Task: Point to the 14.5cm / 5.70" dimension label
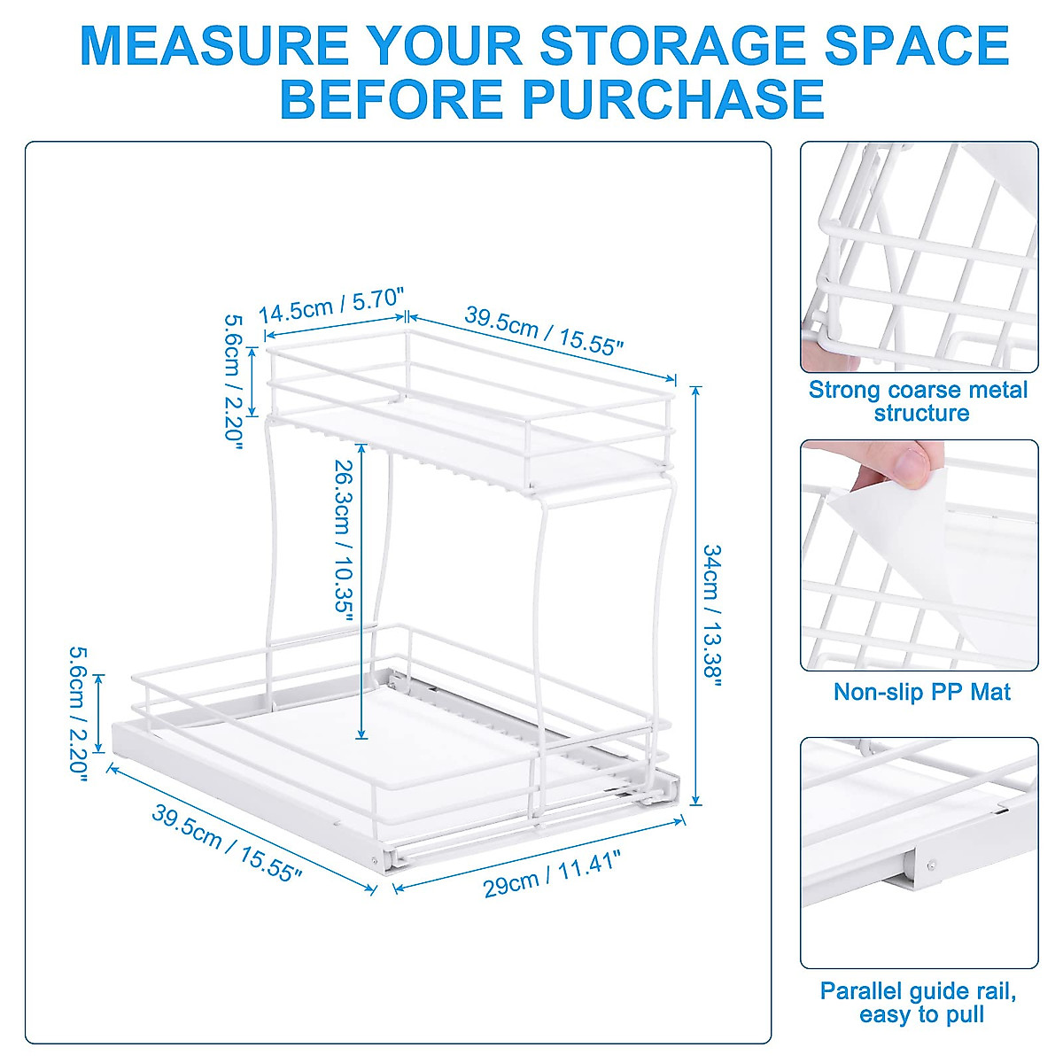click(331, 308)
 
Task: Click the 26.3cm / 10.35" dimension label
click(345, 540)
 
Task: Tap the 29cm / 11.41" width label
click(551, 872)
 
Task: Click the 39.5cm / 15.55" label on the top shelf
click(545, 331)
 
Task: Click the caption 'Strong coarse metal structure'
click(919, 401)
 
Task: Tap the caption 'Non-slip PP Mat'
click(921, 692)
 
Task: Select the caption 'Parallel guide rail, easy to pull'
click(919, 1002)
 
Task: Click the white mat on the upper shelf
click(496, 447)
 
